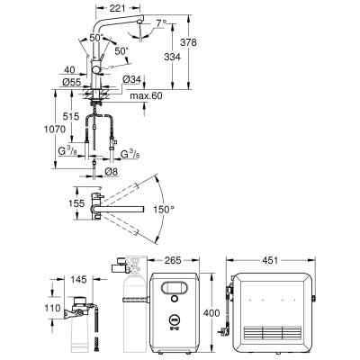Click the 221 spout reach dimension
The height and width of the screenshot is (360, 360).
point(117,8)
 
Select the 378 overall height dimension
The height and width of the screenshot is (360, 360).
point(188,42)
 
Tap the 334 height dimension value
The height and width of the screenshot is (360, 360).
point(172,57)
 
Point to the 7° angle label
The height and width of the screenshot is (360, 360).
point(161,22)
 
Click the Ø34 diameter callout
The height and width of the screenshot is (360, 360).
point(131,79)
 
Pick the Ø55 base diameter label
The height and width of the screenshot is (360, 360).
point(72,82)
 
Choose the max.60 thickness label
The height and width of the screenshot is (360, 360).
point(146,96)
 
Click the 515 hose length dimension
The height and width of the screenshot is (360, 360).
point(71,116)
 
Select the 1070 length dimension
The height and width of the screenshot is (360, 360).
point(55,130)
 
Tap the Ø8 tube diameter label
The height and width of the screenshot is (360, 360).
point(112,172)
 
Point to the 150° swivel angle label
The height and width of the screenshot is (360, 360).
point(164,209)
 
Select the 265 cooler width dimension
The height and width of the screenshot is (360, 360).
point(173,260)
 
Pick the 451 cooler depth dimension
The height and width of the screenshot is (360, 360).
point(270,260)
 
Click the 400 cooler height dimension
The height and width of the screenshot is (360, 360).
point(211,313)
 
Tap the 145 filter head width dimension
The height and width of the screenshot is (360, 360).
point(78,280)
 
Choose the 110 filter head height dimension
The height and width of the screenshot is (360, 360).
point(52,308)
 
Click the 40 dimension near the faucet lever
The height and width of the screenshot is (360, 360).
point(69,70)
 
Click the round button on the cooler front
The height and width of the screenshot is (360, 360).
point(174,299)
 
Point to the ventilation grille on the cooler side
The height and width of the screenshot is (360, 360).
point(273,333)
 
